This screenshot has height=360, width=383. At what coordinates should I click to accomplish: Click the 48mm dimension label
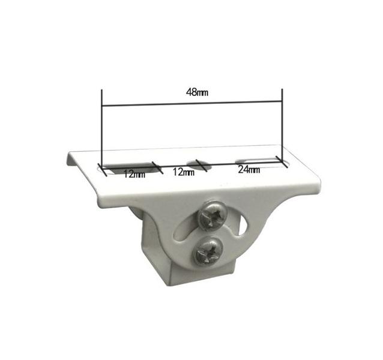click(197, 92)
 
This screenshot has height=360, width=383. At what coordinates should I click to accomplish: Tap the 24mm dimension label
click(249, 169)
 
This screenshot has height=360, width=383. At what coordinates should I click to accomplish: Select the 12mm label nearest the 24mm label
click(184, 172)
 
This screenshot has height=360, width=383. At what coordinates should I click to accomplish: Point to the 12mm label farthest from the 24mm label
click(134, 174)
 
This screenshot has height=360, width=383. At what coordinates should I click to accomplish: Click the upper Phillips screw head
click(213, 215)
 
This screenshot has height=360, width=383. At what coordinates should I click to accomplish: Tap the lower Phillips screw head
click(208, 251)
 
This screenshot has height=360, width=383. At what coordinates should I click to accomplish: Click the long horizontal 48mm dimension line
click(192, 103)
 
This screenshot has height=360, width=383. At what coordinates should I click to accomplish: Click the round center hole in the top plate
click(199, 165)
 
